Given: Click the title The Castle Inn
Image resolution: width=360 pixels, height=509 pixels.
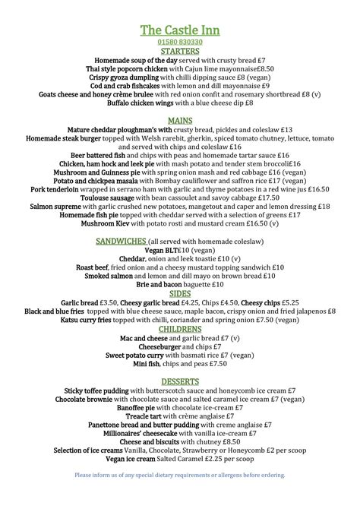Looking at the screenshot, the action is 180,29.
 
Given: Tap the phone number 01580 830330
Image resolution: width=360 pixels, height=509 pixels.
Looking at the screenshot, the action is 180,42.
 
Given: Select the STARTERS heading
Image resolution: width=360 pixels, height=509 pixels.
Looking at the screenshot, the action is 180,51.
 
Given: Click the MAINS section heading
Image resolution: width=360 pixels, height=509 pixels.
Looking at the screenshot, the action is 180,121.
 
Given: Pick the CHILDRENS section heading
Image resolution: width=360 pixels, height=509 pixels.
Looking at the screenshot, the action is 180,329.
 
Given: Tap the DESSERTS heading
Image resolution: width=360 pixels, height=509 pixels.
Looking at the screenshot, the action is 180,381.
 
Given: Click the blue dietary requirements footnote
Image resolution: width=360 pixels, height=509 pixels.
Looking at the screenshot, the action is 180,475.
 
